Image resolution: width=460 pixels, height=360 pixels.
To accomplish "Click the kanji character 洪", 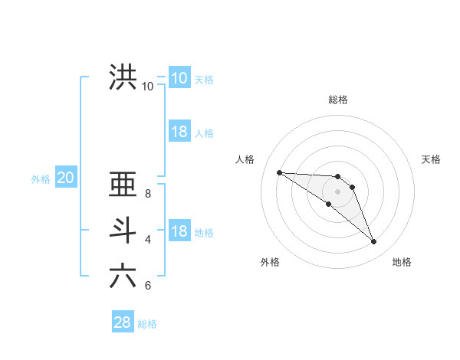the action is pyautogui.click(x=123, y=77).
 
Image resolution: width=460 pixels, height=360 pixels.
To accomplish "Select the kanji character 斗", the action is pyautogui.click(x=123, y=231).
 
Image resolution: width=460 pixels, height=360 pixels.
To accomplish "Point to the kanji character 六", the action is pyautogui.click(x=123, y=276).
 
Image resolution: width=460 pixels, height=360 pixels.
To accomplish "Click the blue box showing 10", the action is pyautogui.click(x=179, y=77).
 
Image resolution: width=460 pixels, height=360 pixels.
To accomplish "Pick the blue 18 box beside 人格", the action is pyautogui.click(x=179, y=132).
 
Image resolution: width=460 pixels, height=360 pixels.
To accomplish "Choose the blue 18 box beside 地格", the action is pyautogui.click(x=179, y=231).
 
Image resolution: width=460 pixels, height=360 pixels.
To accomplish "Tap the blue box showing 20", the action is pyautogui.click(x=65, y=178).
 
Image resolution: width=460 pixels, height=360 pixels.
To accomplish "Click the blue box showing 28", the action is pyautogui.click(x=122, y=322).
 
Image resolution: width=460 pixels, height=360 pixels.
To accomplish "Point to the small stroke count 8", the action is pyautogui.click(x=148, y=194).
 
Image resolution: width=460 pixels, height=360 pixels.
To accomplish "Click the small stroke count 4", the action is pyautogui.click(x=148, y=240).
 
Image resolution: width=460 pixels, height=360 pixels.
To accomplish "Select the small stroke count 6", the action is pyautogui.click(x=148, y=286).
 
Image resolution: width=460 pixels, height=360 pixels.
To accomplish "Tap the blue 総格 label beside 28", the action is pyautogui.click(x=147, y=324).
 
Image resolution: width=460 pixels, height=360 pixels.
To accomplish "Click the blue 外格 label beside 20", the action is pyautogui.click(x=41, y=179).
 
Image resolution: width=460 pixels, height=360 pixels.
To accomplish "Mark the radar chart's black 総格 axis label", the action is pyautogui.click(x=338, y=100).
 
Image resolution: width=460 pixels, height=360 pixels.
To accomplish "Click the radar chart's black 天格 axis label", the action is pyautogui.click(x=432, y=159).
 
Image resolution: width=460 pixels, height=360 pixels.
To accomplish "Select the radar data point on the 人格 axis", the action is pyautogui.click(x=279, y=172).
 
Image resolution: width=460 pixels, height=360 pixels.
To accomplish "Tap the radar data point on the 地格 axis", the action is pyautogui.click(x=373, y=241).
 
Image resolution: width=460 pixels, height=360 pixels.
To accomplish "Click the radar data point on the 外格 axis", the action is pyautogui.click(x=329, y=204).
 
